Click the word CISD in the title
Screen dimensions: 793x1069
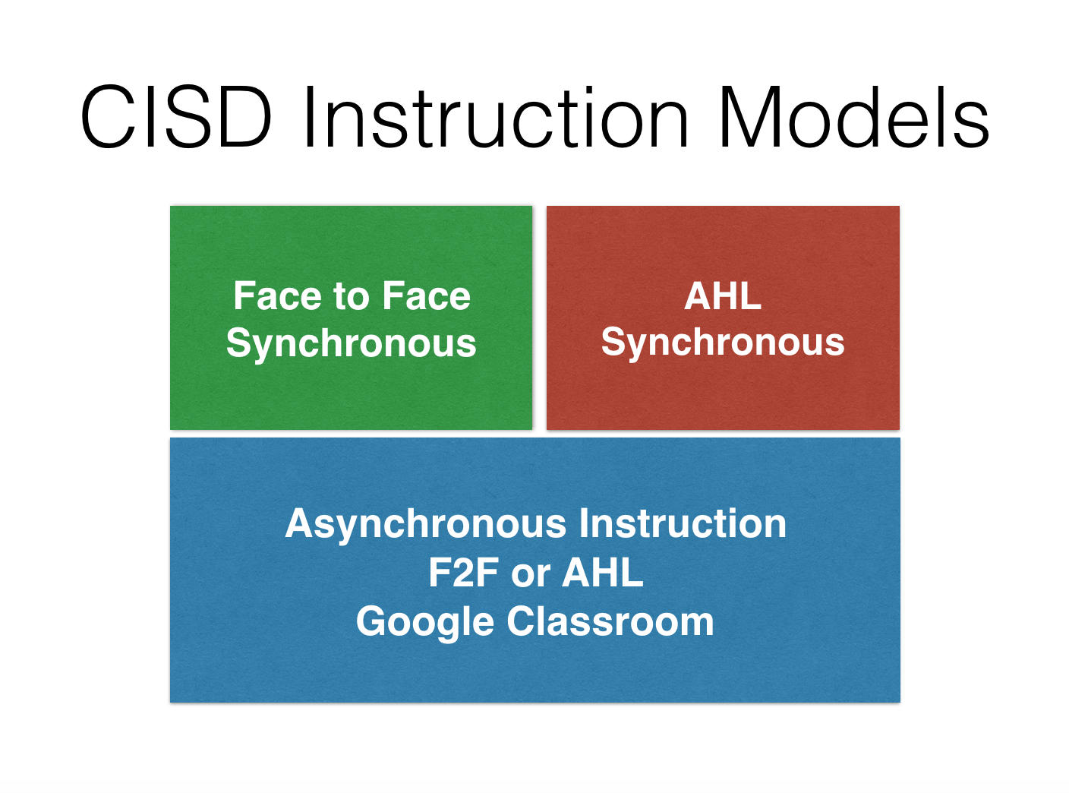pyautogui.click(x=176, y=118)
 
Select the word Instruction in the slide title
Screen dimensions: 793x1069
pyautogui.click(x=495, y=118)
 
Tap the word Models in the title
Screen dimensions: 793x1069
pyautogui.click(x=853, y=118)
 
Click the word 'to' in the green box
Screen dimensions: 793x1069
pyautogui.click(x=351, y=297)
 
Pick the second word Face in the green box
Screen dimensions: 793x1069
pyautogui.click(x=426, y=295)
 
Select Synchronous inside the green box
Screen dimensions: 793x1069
pyautogui.click(x=351, y=343)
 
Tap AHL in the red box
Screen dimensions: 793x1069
pyautogui.click(x=723, y=295)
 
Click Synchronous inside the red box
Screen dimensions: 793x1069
pyautogui.click(x=723, y=343)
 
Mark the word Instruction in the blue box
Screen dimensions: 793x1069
pyautogui.click(x=683, y=523)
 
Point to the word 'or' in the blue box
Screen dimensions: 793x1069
pyautogui.click(x=531, y=574)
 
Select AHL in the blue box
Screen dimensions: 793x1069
pyautogui.click(x=603, y=573)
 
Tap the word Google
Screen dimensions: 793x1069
pyautogui.click(x=425, y=622)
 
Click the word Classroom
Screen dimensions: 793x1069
pyautogui.click(x=610, y=621)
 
